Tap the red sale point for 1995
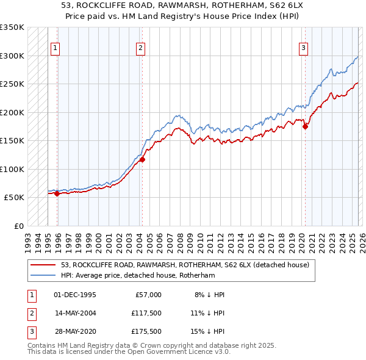[57, 193]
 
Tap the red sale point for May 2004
[142, 160]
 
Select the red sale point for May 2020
[306, 126]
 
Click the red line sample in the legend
[44, 265]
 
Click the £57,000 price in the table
[148, 295]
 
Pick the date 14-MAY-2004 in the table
[75, 313]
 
